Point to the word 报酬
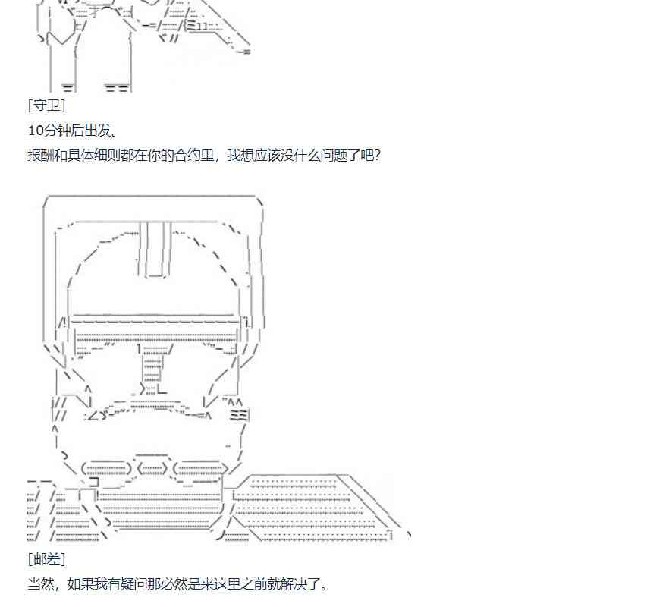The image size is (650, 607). coord(40,156)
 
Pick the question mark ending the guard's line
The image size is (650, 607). coord(376,156)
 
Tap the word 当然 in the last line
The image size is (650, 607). coord(40,584)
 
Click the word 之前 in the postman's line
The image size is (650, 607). coord(240,584)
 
